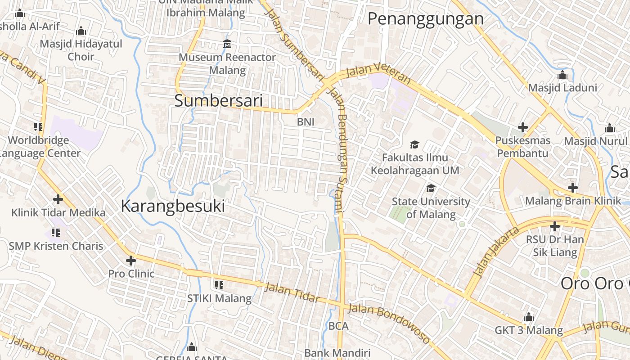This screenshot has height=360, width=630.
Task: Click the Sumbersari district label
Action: pyautogui.click(x=218, y=101)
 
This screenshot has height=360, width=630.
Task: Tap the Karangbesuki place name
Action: pyautogui.click(x=173, y=206)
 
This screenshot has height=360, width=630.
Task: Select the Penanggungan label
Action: pyautogui.click(x=425, y=19)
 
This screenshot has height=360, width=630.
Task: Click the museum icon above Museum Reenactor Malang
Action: pyautogui.click(x=227, y=44)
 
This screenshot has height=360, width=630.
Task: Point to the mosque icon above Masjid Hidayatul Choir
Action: pyautogui.click(x=81, y=31)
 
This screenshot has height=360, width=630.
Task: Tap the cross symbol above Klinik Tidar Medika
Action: pyautogui.click(x=58, y=199)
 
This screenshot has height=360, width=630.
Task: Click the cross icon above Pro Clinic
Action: pyautogui.click(x=131, y=260)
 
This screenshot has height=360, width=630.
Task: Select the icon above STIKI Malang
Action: pyautogui.click(x=219, y=285)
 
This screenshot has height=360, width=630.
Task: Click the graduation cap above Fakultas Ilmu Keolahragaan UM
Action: pyautogui.click(x=414, y=144)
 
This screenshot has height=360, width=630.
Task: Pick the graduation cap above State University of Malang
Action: pyautogui.click(x=431, y=188)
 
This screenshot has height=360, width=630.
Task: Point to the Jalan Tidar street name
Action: pyautogui.click(x=292, y=292)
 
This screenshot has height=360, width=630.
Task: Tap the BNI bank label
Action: pyautogui.click(x=306, y=121)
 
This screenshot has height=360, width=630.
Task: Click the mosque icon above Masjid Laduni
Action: pyautogui.click(x=562, y=75)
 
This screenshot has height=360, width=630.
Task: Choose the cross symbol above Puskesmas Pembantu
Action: pyautogui.click(x=522, y=127)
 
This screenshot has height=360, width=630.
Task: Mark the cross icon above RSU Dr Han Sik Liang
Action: pyautogui.click(x=555, y=226)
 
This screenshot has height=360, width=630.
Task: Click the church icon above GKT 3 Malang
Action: pyautogui.click(x=529, y=317)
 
